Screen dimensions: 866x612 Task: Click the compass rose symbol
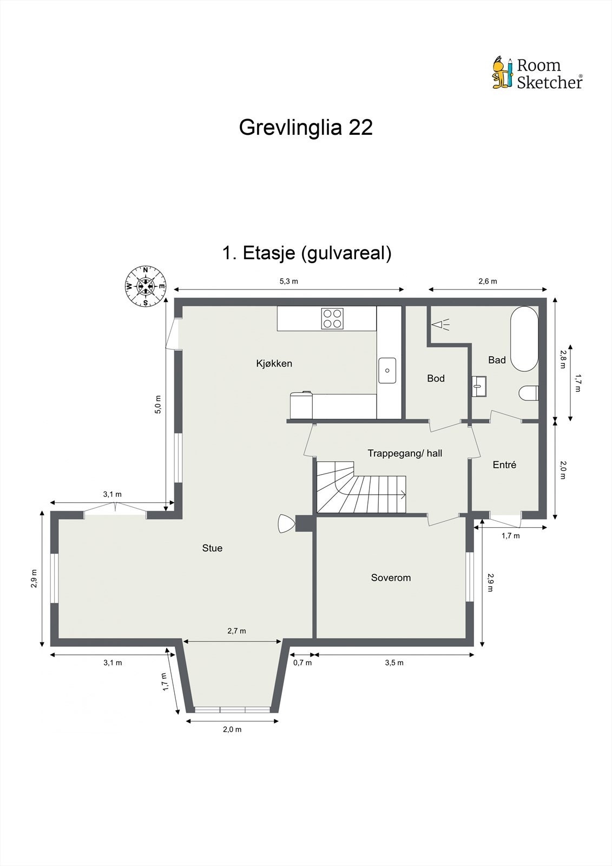146,286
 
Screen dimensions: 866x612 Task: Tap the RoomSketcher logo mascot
501,72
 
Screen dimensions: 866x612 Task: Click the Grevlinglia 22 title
306,128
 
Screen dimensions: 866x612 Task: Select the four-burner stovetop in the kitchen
332,318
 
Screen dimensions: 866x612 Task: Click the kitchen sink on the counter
387,371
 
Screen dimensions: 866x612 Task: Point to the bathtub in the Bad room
524,339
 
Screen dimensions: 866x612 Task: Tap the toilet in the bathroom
529,393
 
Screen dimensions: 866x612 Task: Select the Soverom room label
391,578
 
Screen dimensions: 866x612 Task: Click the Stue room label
212,548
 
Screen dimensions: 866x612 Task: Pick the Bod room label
436,378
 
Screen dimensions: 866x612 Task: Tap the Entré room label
504,464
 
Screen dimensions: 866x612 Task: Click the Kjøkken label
274,363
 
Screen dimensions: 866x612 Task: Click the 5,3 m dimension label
288,281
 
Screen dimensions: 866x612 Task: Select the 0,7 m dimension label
302,662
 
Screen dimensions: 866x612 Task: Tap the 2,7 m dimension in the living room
236,631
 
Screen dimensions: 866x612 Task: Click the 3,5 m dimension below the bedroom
394,662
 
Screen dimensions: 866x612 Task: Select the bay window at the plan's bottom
233,709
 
